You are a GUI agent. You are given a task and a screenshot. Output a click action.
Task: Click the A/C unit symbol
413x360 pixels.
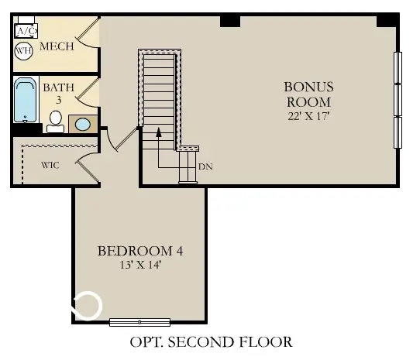point(27,31)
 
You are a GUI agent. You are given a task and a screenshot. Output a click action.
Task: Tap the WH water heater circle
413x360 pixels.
point(23,51)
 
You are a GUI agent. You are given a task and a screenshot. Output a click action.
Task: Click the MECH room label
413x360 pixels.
point(57,46)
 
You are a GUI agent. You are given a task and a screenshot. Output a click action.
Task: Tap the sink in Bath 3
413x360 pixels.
point(81,124)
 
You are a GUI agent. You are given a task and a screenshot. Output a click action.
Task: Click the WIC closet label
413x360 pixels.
point(50,164)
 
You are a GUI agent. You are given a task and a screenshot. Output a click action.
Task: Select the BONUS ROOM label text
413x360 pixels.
point(308,94)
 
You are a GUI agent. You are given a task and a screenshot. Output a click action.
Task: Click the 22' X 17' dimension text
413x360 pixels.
point(308,116)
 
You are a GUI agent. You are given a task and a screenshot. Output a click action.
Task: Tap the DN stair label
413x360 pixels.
point(205,166)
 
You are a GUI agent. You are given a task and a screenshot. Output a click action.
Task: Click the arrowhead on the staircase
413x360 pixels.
point(159,132)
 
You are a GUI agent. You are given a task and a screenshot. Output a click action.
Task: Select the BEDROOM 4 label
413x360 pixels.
point(140,251)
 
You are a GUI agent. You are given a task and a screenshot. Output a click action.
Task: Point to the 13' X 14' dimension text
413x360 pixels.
point(140,266)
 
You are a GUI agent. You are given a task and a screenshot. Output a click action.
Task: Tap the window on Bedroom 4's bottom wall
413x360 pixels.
point(139,321)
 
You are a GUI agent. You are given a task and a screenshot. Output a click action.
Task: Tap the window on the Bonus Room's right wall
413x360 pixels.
point(399,99)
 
